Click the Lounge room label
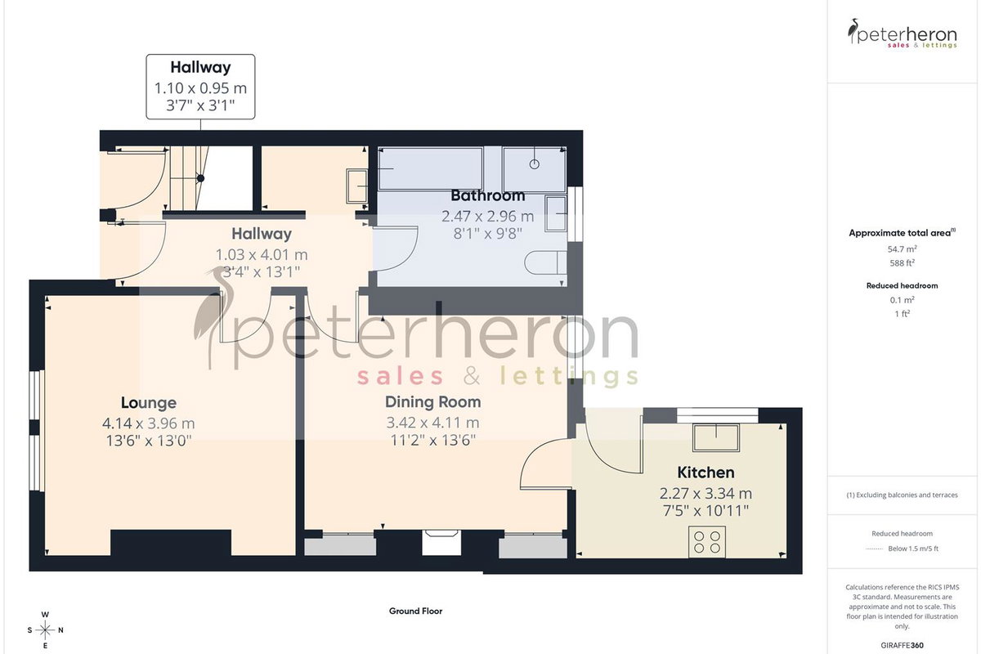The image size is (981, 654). point(149,402)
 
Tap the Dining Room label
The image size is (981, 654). point(432,401)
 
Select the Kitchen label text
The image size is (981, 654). point(706,473)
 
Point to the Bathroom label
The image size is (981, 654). point(487,195)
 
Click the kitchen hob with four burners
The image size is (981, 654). point(707,542)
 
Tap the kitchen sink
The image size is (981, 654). point(715,437)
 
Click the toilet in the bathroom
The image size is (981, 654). point(545,263)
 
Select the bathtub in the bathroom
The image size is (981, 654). point(430,168)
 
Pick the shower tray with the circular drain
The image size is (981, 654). point(535,169)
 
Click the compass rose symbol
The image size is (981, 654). point(45,630)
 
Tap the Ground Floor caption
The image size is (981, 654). point(415,611)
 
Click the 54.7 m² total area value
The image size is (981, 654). point(903,249)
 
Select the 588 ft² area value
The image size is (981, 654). point(903,263)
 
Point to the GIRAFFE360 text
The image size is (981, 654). point(903,645)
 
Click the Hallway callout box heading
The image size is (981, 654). point(200,68)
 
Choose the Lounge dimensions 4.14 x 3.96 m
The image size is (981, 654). point(149,423)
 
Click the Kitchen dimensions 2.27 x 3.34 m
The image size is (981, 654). point(706,494)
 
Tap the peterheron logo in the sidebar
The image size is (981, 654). point(903,34)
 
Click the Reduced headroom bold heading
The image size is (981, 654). point(903,285)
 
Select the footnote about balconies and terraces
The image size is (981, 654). point(903,495)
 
